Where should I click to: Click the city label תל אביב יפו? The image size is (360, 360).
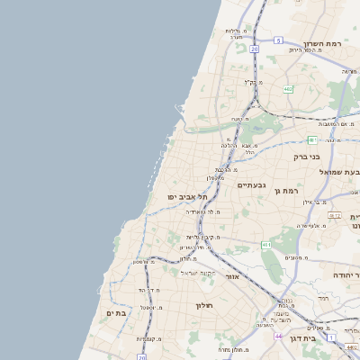coord(187,196)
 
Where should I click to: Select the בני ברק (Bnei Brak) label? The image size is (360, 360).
coord(307,156)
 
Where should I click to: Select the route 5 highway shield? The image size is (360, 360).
coord(279,40)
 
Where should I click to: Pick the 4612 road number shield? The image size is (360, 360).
coord(335,216)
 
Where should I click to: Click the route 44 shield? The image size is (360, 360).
coord(279,335)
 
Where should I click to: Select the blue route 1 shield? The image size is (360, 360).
coord(331,337)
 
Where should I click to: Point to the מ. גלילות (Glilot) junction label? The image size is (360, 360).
coord(236,31)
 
